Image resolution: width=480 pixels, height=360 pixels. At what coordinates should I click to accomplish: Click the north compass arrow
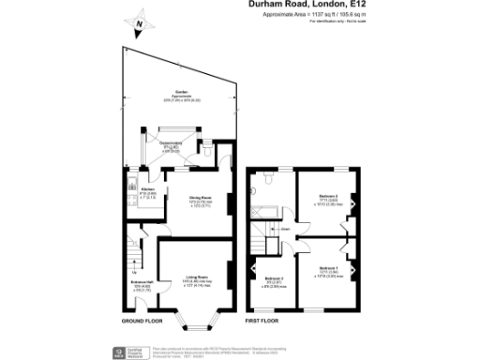pyautogui.click(x=139, y=26)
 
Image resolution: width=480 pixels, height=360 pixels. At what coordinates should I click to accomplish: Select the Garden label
pyautogui.click(x=169, y=92)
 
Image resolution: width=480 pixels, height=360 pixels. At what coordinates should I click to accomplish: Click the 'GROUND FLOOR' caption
pyautogui.click(x=142, y=322)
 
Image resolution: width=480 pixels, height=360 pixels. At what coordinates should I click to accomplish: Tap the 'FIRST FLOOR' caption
pyautogui.click(x=265, y=322)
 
